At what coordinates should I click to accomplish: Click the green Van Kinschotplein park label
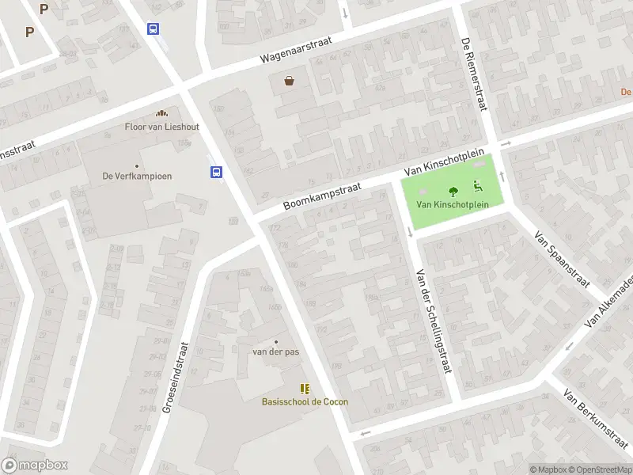[x=453, y=204]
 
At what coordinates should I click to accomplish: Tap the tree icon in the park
[x=453, y=191]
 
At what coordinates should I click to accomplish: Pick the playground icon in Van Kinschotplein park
[x=478, y=187]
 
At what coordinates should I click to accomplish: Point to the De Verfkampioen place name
[x=137, y=176]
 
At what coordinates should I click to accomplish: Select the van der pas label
[x=275, y=351]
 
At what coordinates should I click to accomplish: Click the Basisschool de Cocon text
[x=305, y=401]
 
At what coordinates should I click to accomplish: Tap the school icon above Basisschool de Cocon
[x=305, y=388]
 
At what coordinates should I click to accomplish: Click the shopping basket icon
[x=290, y=80]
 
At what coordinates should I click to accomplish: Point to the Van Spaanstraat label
[x=563, y=259]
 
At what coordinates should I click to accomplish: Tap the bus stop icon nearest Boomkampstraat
[x=215, y=172]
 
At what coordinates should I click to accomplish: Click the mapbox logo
[x=35, y=465]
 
